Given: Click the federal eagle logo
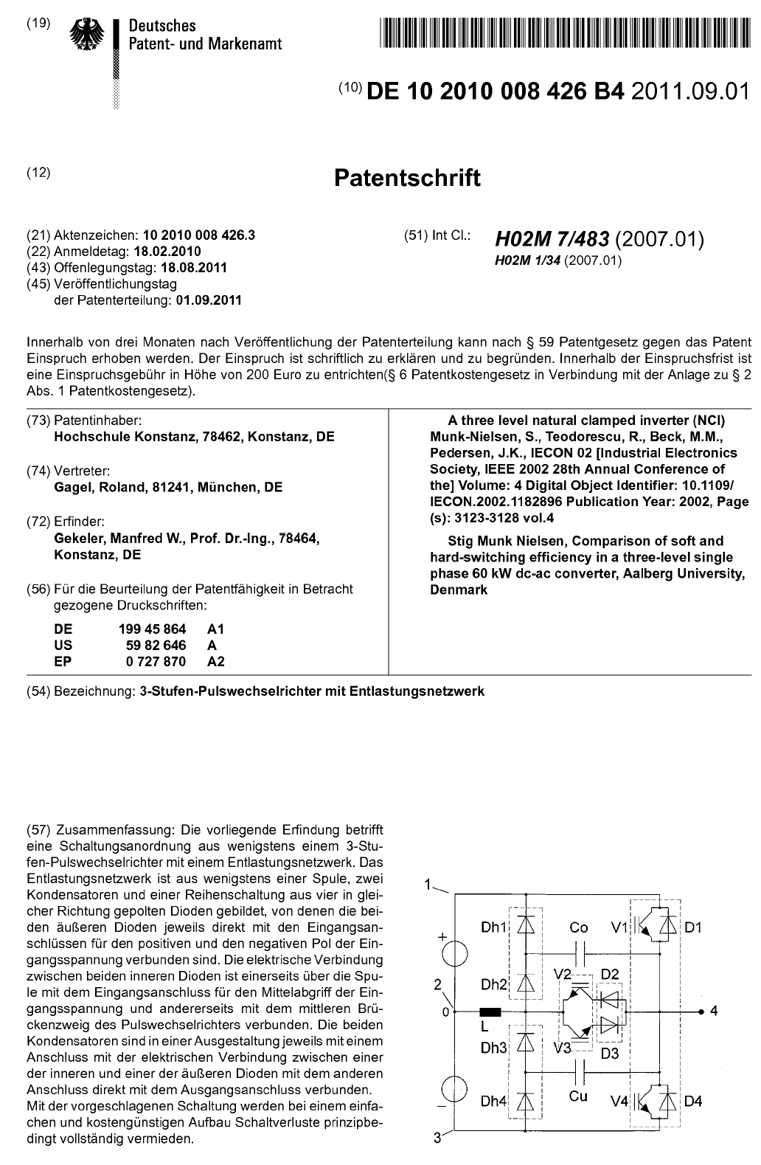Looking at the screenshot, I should [88, 35].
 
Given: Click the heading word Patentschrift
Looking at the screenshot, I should [407, 178].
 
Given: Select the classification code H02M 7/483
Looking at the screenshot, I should [552, 239].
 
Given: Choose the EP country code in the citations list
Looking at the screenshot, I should [63, 661].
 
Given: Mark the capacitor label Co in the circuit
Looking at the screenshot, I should [579, 927].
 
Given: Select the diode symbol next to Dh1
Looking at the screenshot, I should [526, 925].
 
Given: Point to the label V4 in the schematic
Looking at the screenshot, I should [619, 1102].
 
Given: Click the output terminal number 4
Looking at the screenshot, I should [714, 1011].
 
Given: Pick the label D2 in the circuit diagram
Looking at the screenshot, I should [609, 974].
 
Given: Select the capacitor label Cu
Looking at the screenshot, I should [578, 1096].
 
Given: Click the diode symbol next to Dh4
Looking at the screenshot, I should [526, 1101].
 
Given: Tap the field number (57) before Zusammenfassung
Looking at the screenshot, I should [38, 832].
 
